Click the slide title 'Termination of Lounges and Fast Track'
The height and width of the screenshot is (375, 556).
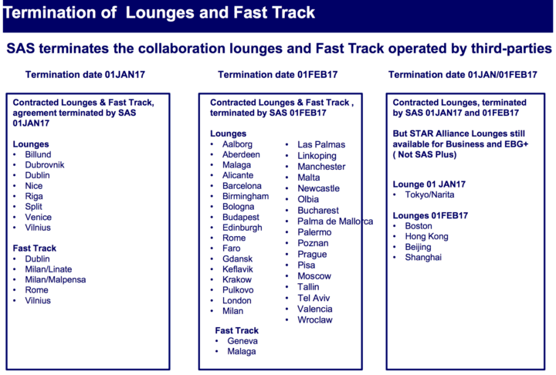[x=161, y=13]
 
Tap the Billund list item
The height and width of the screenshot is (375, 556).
[x=39, y=154]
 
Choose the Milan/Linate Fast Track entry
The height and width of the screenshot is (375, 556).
[x=49, y=269]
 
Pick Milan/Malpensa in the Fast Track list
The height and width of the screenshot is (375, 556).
[x=56, y=280]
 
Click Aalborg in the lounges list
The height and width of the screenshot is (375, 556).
[x=237, y=144]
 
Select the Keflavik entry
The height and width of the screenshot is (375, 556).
[x=238, y=269]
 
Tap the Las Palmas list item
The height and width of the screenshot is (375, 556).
[x=321, y=144]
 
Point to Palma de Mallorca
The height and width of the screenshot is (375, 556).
[x=335, y=221]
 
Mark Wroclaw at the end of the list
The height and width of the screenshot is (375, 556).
[x=316, y=319]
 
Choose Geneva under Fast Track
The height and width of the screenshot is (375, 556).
[x=242, y=340]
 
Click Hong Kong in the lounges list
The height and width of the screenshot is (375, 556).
[x=427, y=236]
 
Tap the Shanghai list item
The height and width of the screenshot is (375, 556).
[x=423, y=257]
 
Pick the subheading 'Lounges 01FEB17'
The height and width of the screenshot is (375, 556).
[x=429, y=215]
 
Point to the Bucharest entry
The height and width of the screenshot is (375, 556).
[x=318, y=210]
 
